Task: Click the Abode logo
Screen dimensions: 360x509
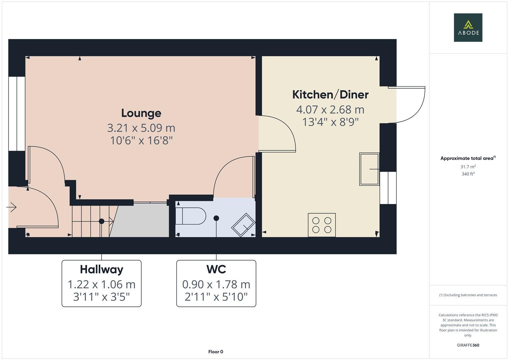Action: coord(468,27)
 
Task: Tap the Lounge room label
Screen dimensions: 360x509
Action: coord(141,113)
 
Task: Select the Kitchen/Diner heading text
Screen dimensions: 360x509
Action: coord(330,95)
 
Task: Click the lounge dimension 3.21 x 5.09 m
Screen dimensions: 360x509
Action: coord(141,128)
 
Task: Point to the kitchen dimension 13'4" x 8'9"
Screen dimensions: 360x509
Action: coord(330,122)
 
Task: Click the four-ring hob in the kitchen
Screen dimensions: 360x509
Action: coord(322,225)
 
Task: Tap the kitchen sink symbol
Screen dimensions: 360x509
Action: coord(369,169)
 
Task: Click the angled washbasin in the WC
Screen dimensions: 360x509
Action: coord(243,225)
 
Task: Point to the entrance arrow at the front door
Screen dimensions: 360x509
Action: coord(12,207)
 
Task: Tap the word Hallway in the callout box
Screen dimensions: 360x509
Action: coord(101,269)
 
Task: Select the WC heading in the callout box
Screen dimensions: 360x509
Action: coord(216,269)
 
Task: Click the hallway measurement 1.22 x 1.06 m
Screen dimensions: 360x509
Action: coord(101,284)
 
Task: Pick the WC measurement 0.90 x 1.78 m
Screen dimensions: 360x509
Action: coord(216,284)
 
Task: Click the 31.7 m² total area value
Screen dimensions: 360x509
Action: coord(468,167)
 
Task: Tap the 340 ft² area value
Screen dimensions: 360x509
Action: coord(468,174)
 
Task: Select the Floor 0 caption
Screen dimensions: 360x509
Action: coord(216,352)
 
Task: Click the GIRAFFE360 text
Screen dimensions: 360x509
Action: coord(468,345)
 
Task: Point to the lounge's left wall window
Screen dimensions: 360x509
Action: coord(16,114)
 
